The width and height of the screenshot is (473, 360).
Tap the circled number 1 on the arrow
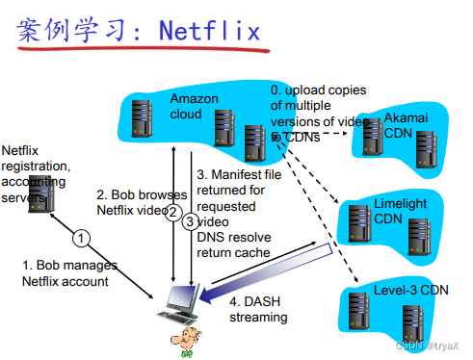click(x=82, y=237)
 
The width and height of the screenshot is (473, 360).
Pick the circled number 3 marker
click(x=190, y=220)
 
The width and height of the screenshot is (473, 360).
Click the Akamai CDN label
click(x=405, y=124)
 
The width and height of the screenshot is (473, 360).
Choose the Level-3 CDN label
click(x=412, y=289)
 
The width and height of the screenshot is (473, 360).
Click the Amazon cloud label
click(x=193, y=106)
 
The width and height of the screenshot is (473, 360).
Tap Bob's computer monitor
click(x=180, y=299)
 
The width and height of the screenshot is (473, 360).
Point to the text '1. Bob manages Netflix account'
click(x=70, y=272)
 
